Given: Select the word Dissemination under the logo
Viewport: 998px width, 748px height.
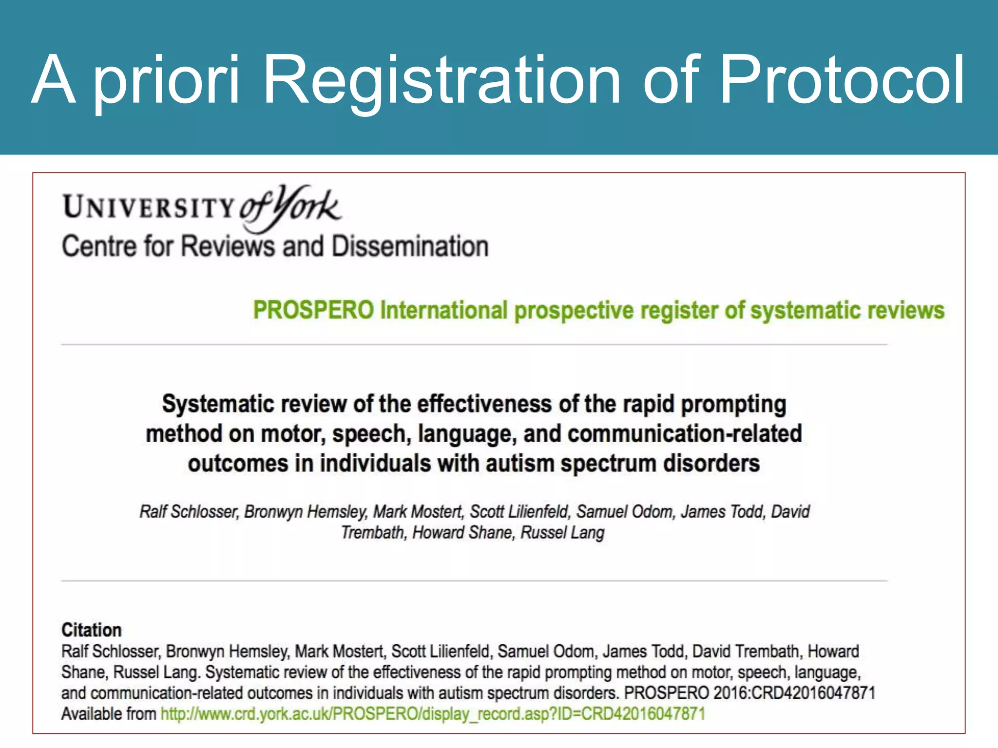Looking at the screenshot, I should click(410, 246).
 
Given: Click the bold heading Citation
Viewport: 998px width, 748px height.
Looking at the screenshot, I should click(91, 630).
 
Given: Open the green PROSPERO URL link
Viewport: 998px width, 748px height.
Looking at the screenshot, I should click(433, 714).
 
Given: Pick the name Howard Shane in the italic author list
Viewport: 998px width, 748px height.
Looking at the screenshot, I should click(462, 533).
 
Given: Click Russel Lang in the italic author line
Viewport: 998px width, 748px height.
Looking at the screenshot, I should click(562, 533).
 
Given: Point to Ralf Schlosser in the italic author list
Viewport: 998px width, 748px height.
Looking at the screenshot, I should click(188, 512).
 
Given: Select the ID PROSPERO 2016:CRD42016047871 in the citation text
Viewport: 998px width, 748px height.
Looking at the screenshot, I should click(749, 693).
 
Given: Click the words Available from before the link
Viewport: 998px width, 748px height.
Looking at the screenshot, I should click(108, 714).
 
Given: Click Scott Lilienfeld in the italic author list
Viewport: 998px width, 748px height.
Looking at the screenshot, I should click(519, 512).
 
